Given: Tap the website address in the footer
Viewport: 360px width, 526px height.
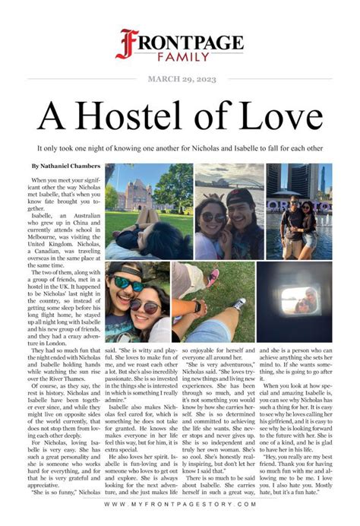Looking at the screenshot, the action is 179,505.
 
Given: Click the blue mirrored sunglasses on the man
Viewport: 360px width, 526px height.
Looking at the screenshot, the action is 128,283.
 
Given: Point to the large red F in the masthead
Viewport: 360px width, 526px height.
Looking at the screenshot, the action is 125,43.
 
